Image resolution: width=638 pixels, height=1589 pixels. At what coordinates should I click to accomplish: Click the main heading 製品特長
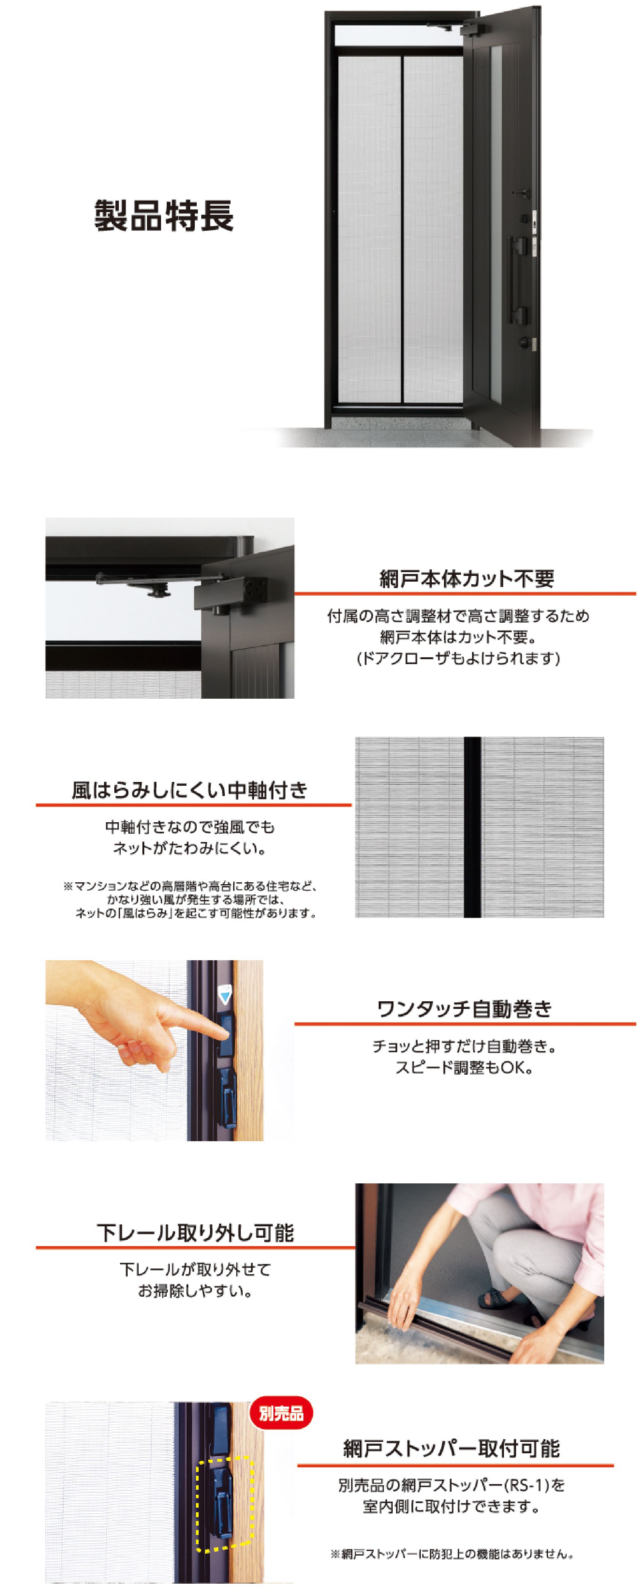click(x=164, y=215)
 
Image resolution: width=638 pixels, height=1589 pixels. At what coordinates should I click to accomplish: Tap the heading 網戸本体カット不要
click(x=467, y=579)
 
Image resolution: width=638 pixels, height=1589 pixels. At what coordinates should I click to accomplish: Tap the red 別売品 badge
click(x=281, y=1413)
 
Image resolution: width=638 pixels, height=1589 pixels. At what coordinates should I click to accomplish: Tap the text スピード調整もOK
click(x=464, y=1067)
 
